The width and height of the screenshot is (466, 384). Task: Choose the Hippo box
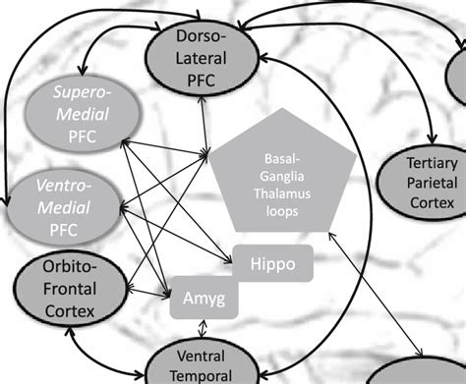click(272, 264)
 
